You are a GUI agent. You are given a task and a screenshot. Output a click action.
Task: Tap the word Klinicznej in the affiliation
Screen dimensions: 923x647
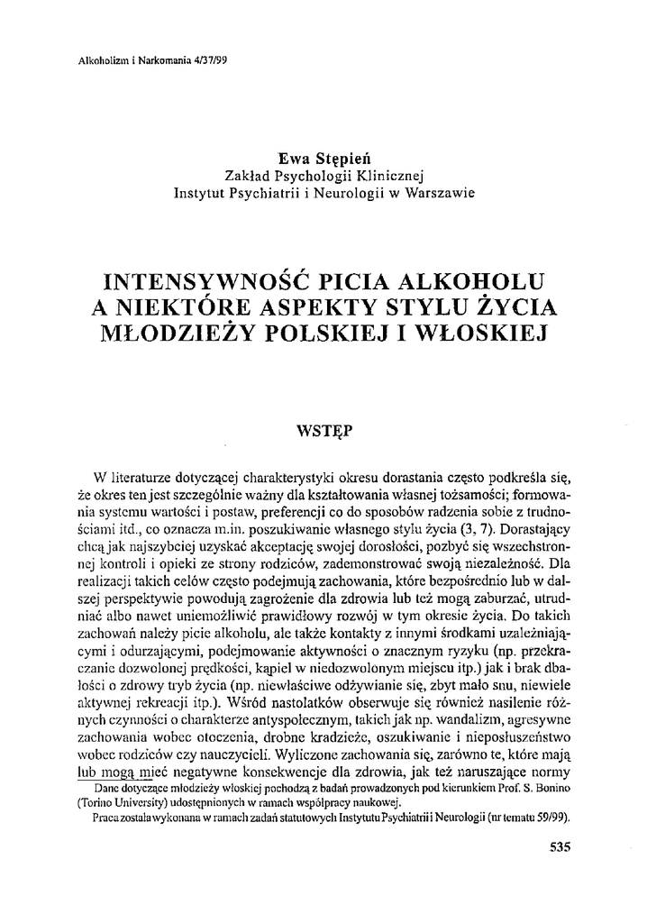tap(385, 175)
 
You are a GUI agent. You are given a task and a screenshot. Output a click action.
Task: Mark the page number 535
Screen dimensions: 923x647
tap(560, 846)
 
